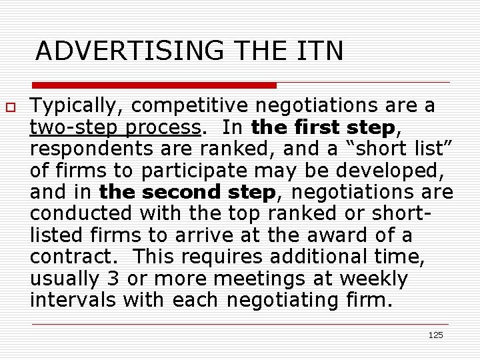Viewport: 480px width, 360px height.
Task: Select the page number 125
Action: click(435, 335)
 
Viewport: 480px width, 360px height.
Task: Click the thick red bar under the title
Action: click(155, 85)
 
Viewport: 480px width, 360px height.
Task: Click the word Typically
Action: click(69, 106)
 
